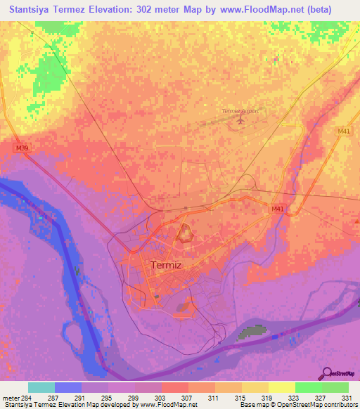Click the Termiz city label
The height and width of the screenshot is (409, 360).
167,265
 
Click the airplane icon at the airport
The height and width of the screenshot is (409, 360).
240,121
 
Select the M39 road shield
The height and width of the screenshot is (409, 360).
21,148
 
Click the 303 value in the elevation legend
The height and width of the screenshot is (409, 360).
161,397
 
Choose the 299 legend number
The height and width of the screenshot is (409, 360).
134,397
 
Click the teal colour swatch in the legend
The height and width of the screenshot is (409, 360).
41,387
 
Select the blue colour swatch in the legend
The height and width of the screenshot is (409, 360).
67,387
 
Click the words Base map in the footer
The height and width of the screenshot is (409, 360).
252,405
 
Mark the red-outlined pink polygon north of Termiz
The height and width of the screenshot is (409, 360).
186,234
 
